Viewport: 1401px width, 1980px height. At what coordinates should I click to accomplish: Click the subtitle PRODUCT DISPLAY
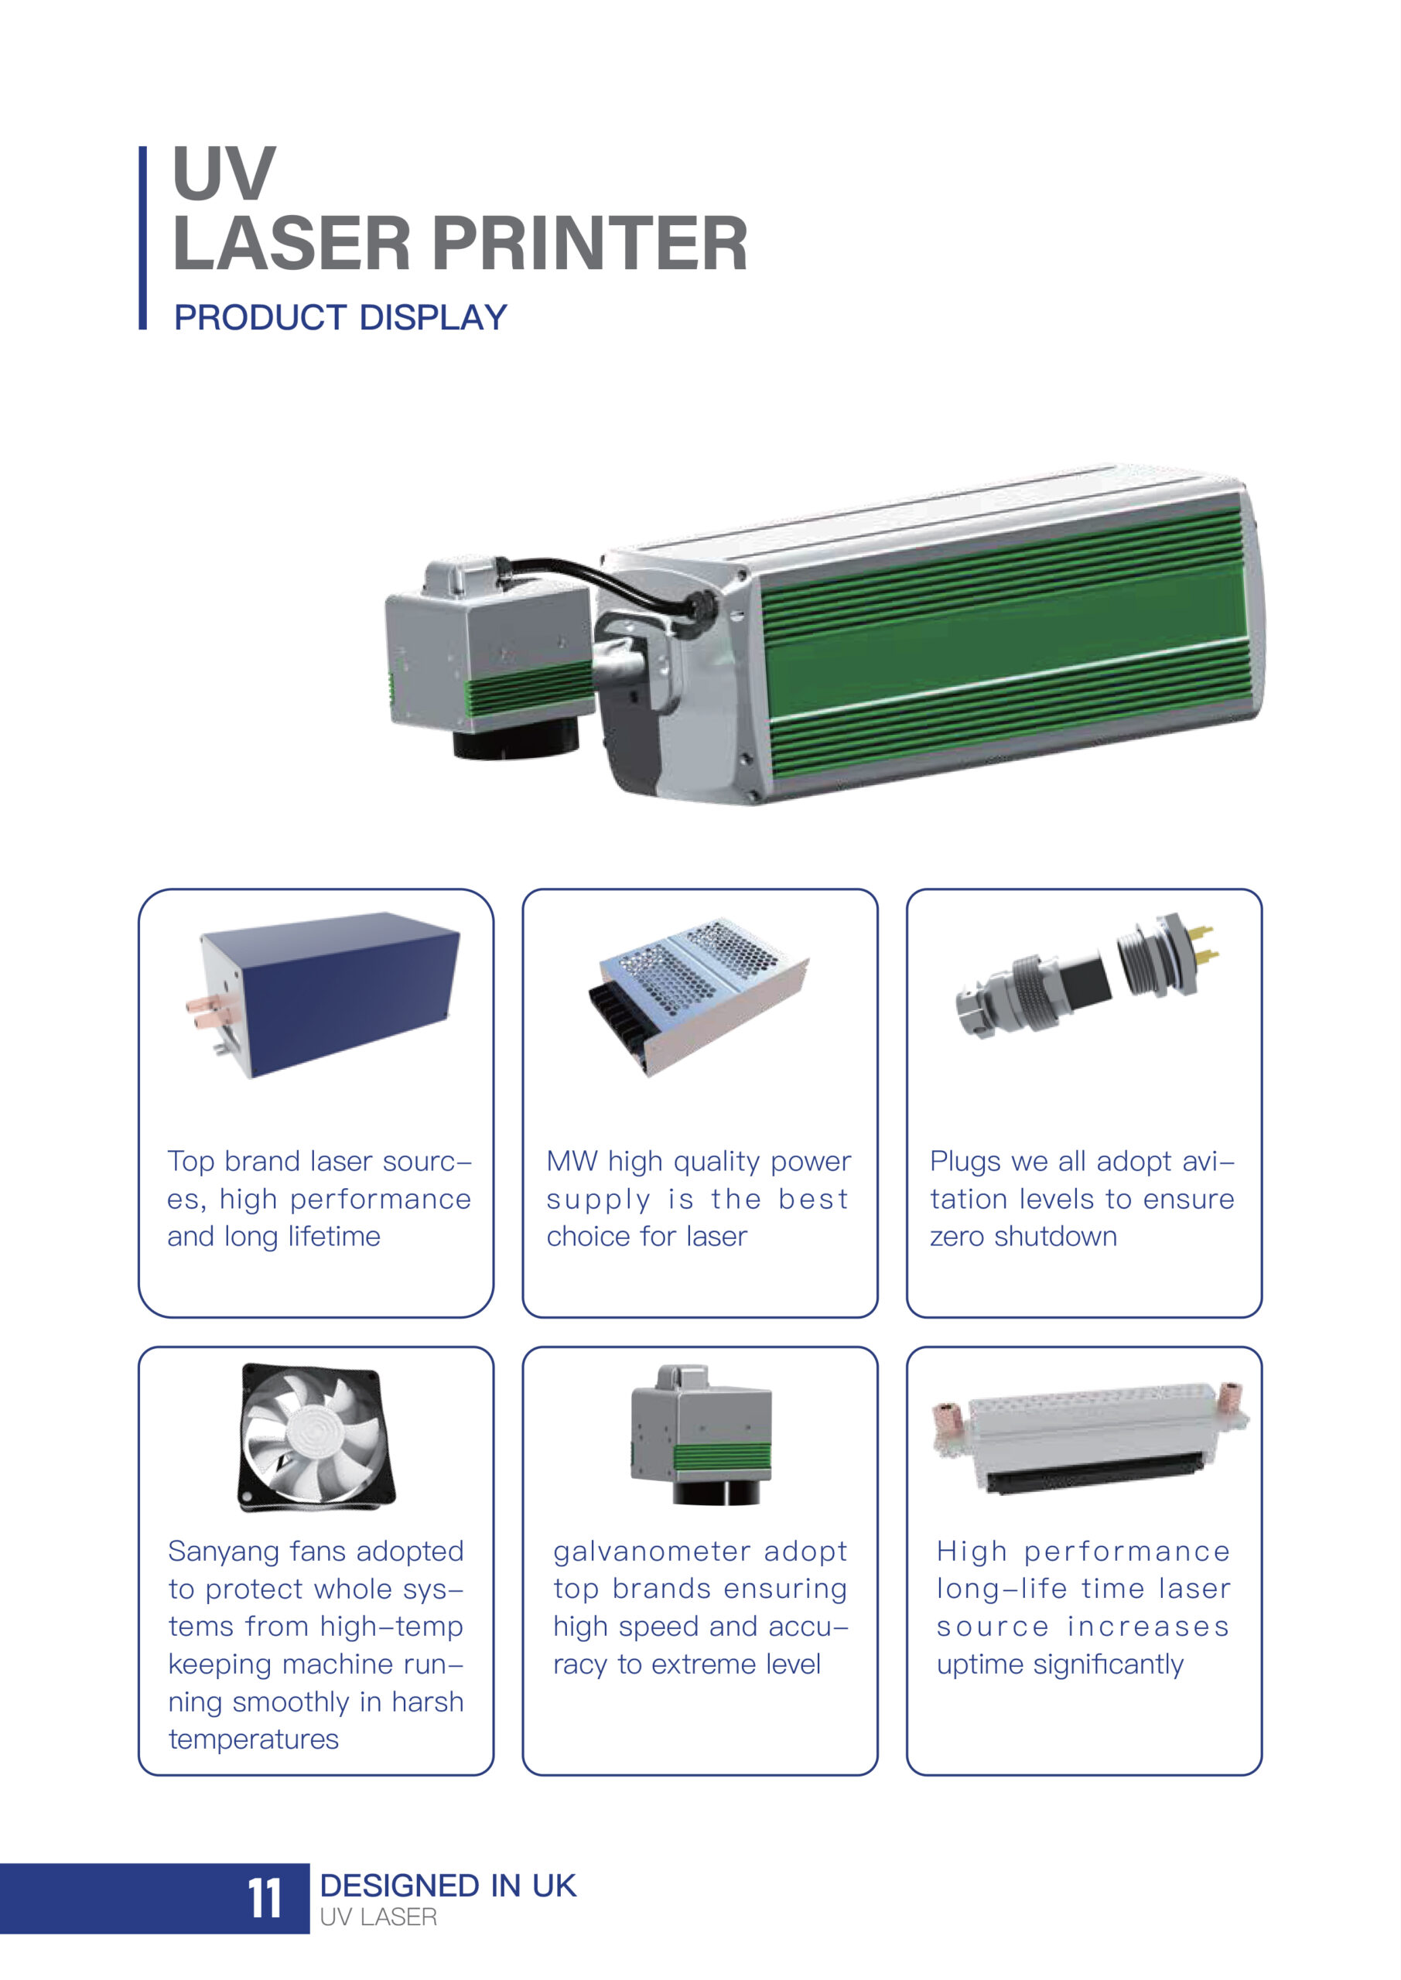[x=340, y=317]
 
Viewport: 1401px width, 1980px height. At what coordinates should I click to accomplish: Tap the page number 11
[x=265, y=1899]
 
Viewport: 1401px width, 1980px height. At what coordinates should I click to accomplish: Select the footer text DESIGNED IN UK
[x=448, y=1886]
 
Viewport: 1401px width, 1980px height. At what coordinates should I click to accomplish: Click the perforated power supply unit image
[x=699, y=996]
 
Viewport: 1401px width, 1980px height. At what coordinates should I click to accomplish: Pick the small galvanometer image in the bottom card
[x=701, y=1435]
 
